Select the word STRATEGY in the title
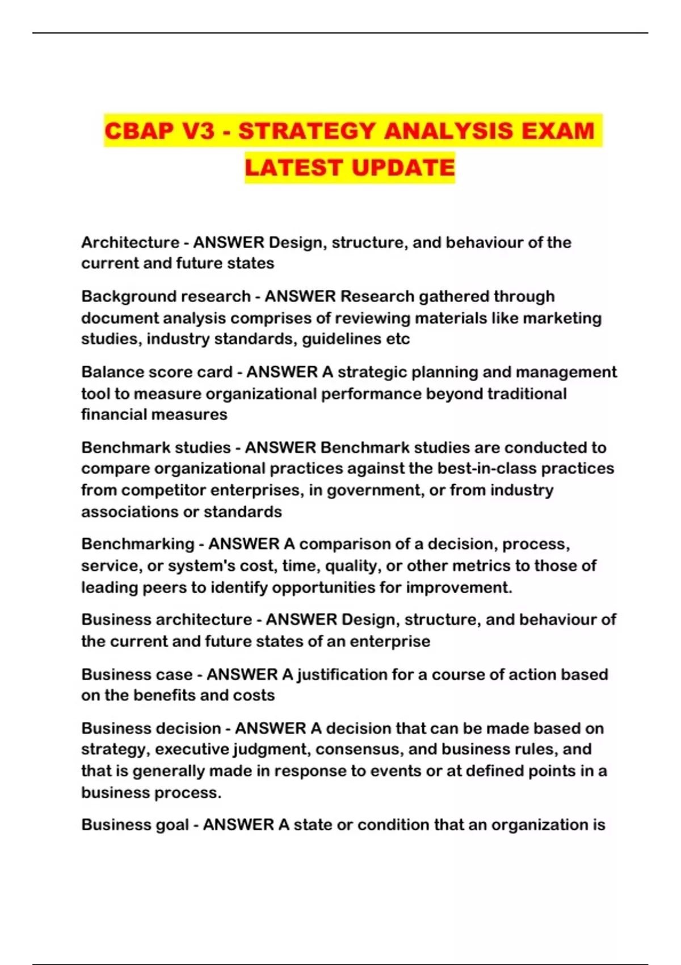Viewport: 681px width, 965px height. tap(306, 131)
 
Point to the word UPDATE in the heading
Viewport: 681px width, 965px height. tap(403, 168)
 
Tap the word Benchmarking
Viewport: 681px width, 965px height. tap(137, 544)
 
